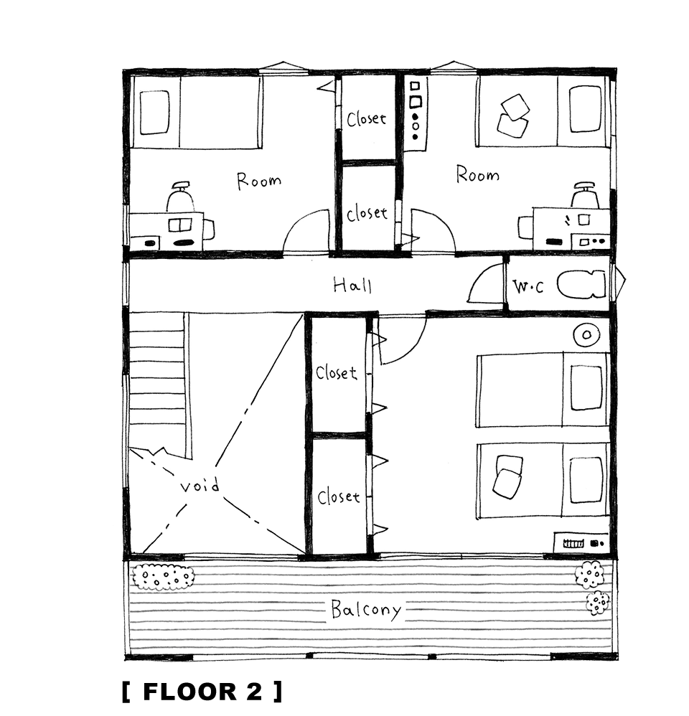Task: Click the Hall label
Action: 352,285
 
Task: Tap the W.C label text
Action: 529,286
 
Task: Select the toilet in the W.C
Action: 581,285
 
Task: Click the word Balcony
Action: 366,610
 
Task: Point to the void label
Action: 200,486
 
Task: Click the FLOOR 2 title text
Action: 202,692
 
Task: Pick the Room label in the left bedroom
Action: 258,180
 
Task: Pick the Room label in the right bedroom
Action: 477,174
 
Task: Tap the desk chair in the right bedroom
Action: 585,195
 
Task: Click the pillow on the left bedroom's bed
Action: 154,113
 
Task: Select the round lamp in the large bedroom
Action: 586,336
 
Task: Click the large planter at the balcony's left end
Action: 163,578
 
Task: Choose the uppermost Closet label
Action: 367,119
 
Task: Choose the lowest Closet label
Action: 339,496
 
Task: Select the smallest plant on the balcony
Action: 598,603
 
